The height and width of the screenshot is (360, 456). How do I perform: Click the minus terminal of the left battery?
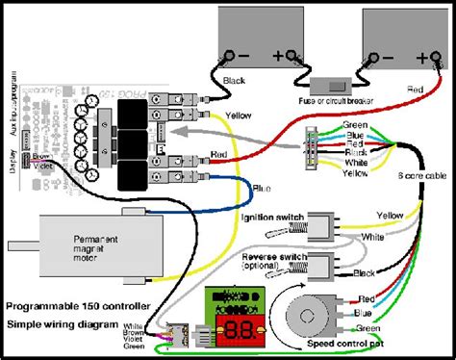pos(231,53)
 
